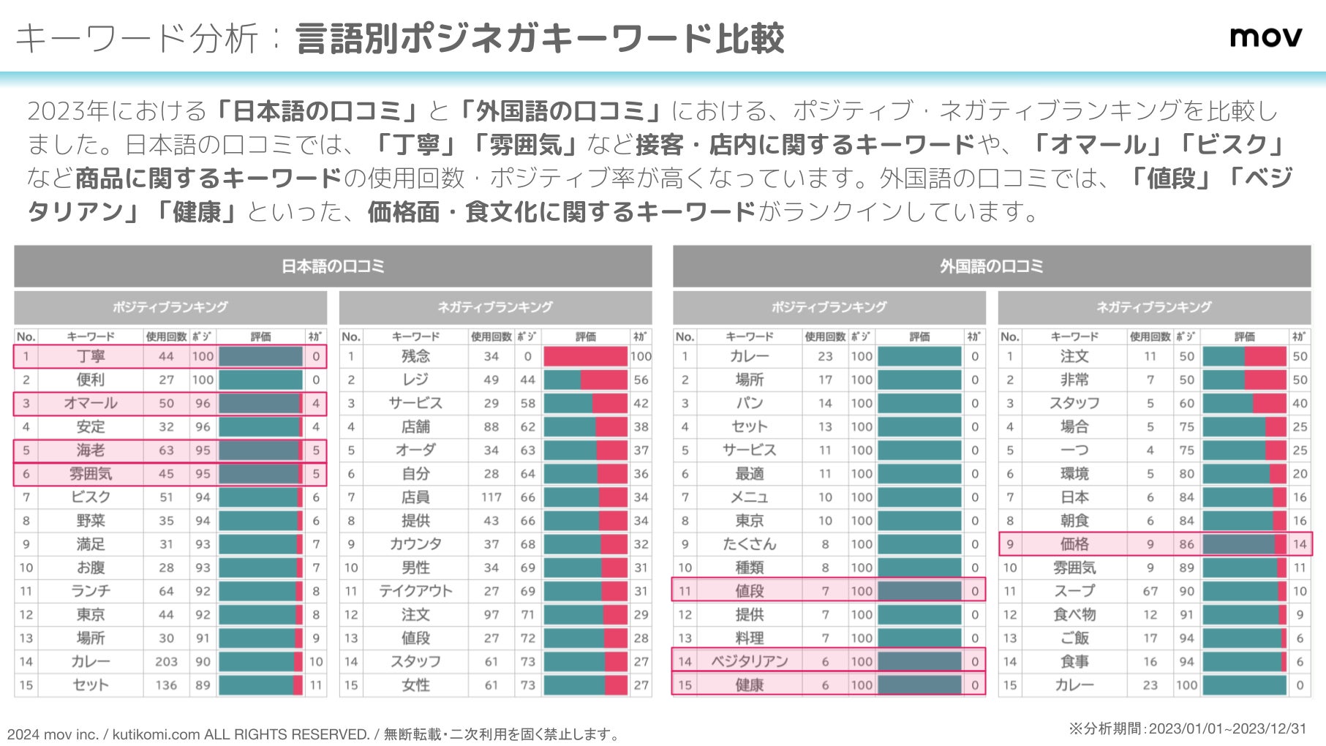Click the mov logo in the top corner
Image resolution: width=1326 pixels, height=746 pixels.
[1265, 37]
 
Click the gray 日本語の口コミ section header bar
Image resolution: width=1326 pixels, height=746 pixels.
[333, 266]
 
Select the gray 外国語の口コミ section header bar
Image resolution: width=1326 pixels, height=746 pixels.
[991, 266]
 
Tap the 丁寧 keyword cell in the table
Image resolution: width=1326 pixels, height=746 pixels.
[91, 356]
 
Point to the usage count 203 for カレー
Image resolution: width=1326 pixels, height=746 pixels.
[166, 661]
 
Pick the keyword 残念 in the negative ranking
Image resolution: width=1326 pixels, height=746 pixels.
[415, 356]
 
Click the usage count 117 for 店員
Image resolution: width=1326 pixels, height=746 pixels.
[491, 497]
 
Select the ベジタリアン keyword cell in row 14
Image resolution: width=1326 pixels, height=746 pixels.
[750, 661]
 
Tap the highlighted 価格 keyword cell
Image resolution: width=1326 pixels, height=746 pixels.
[1074, 544]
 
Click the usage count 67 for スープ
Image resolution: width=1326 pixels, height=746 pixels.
[1150, 591]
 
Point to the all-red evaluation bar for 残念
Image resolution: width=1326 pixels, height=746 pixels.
[585, 356]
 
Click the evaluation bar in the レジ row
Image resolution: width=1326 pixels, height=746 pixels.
[585, 380]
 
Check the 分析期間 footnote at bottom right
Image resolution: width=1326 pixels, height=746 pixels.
[1186, 728]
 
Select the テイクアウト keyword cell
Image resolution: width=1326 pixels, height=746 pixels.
[415, 591]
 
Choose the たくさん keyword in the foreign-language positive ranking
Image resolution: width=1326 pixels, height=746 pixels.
[750, 544]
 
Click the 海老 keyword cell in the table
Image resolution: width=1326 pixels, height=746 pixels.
[91, 451]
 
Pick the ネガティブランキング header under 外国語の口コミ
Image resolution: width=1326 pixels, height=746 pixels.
[1153, 307]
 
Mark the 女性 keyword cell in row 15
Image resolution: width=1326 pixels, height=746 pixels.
[415, 685]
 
